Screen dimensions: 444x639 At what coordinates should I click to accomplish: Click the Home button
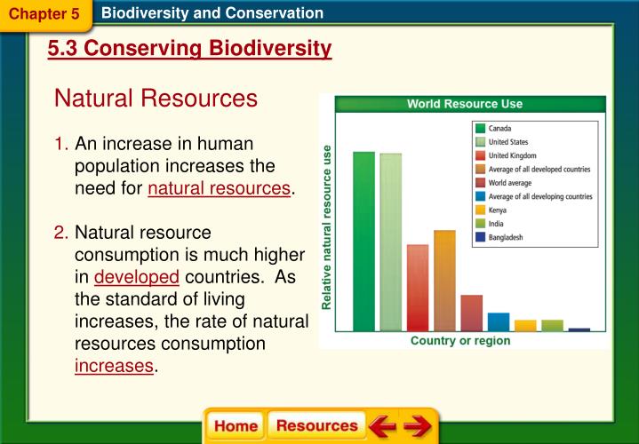click(236, 425)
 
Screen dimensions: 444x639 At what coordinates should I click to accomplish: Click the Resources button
click(316, 425)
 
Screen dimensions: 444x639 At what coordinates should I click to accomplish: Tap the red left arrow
click(383, 426)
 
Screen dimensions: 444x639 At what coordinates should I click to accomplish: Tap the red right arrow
click(416, 426)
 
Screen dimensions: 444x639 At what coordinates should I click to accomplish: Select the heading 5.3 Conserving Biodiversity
click(190, 49)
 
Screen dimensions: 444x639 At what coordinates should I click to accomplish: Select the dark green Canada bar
click(363, 241)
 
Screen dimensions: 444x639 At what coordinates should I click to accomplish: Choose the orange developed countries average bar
click(444, 280)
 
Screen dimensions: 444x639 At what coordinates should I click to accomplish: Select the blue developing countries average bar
click(499, 321)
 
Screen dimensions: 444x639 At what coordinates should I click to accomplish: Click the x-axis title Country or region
click(460, 341)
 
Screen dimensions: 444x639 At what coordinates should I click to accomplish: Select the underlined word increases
click(114, 365)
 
